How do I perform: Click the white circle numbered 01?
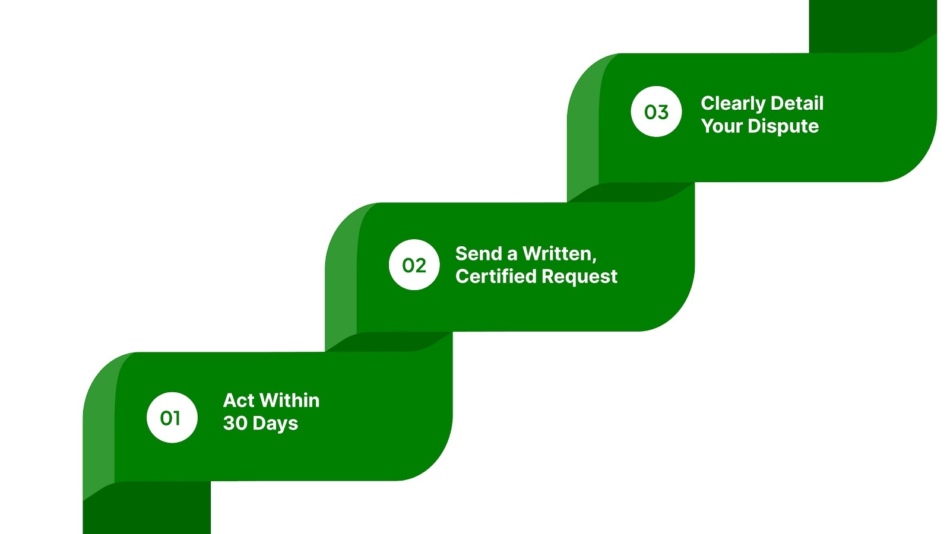click(x=172, y=418)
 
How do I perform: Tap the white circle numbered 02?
click(x=414, y=265)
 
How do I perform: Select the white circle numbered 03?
click(x=656, y=112)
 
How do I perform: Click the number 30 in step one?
click(x=235, y=423)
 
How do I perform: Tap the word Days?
click(x=275, y=424)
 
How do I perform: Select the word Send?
click(x=479, y=254)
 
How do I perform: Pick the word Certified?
click(x=496, y=276)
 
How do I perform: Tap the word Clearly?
click(x=733, y=104)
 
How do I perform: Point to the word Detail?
click(x=797, y=103)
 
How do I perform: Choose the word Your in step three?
click(x=721, y=126)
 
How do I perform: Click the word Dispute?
click(x=783, y=126)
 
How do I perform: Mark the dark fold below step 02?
click(x=389, y=342)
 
